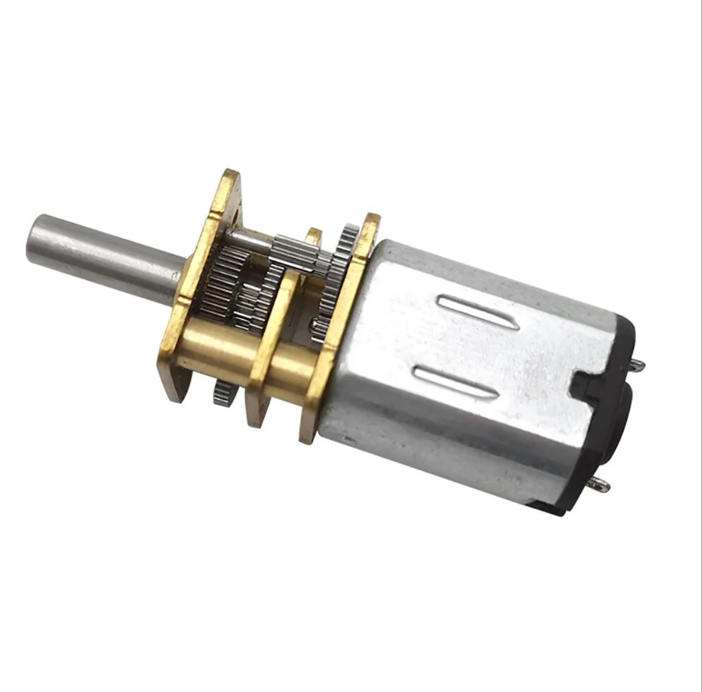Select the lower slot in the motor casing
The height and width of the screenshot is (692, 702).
(450, 380)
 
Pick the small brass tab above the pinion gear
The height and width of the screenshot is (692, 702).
(314, 235)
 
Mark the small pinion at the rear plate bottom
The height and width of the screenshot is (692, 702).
(321, 323)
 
